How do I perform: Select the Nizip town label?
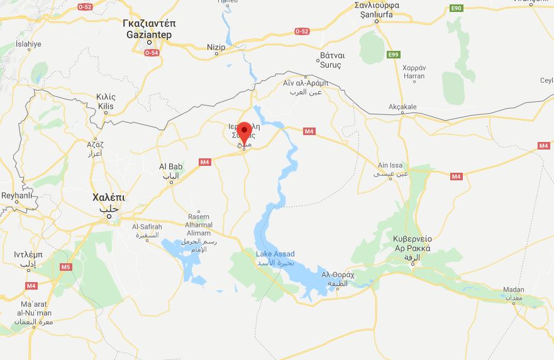pyautogui.click(x=216, y=47)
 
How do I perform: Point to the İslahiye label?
pyautogui.click(x=28, y=44)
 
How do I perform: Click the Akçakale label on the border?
pyautogui.click(x=402, y=107)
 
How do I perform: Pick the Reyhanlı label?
pyautogui.click(x=16, y=195)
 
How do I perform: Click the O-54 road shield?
pyautogui.click(x=151, y=53)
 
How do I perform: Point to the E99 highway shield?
pyautogui.click(x=394, y=55)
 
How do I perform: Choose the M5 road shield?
pyautogui.click(x=66, y=267)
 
